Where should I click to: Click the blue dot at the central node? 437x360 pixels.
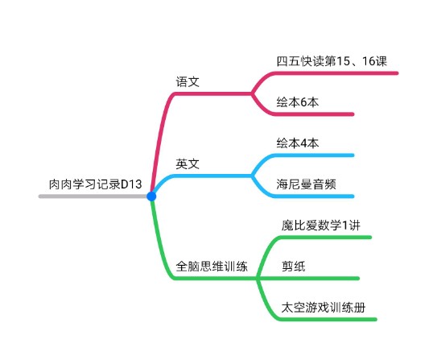pyautogui.click(x=151, y=197)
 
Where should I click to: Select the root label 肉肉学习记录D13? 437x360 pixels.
pyautogui.click(x=95, y=184)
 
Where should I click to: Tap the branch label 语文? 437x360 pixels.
pyautogui.click(x=188, y=82)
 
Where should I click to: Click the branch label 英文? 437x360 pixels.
pyautogui.click(x=188, y=164)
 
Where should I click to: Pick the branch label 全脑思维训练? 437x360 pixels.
pyautogui.click(x=212, y=267)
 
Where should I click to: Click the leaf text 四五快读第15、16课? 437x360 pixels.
pyautogui.click(x=332, y=61)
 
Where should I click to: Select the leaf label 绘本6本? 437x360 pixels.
pyautogui.click(x=298, y=102)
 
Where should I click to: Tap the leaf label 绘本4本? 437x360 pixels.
pyautogui.click(x=298, y=143)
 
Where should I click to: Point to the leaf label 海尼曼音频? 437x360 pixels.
pyautogui.click(x=307, y=184)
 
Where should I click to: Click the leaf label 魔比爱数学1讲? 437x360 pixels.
pyautogui.click(x=321, y=226)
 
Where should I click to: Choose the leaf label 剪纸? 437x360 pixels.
pyautogui.click(x=294, y=267)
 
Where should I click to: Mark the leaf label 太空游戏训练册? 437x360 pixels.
pyautogui.click(x=324, y=308)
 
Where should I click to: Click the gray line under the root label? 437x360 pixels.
pyautogui.click(x=93, y=197)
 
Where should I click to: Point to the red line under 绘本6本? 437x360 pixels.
pyautogui.click(x=314, y=114)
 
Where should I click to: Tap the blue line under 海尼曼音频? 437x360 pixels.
pyautogui.click(x=314, y=197)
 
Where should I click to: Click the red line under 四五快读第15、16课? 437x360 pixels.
pyautogui.click(x=336, y=73)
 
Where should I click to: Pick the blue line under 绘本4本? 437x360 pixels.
pyautogui.click(x=314, y=155)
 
